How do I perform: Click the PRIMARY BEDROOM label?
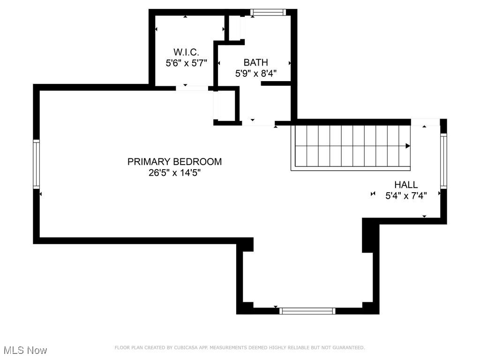click(174, 162)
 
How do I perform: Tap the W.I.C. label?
click(186, 52)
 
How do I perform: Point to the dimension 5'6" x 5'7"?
click(186, 63)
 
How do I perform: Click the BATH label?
click(255, 62)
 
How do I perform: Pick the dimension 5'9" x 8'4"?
click(255, 74)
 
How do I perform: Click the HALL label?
click(406, 185)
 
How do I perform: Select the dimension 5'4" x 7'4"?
click(406, 196)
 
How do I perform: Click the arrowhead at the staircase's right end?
click(408, 146)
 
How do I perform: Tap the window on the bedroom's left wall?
click(36, 164)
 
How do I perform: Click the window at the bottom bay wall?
click(307, 311)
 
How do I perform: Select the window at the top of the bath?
click(268, 13)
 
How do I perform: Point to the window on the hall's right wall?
click(443, 160)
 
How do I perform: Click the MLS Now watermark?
click(25, 350)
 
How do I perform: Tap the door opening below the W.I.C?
click(192, 88)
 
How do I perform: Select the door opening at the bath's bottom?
click(258, 123)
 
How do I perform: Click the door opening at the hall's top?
click(425, 122)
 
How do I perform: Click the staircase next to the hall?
click(351, 146)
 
